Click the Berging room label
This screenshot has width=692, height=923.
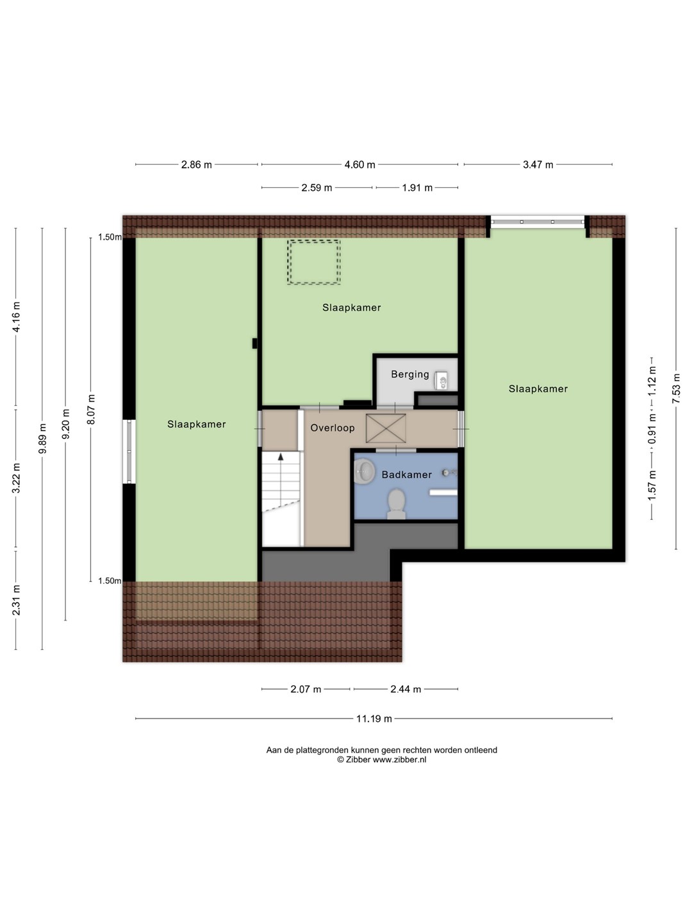tap(409, 374)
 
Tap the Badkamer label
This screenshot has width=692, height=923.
tap(406, 475)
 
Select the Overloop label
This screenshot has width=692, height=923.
tap(333, 428)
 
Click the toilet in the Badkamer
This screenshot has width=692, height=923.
tap(396, 504)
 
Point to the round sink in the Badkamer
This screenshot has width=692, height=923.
tap(365, 470)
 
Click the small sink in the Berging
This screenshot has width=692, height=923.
tap(441, 381)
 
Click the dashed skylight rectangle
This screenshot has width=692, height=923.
tap(313, 262)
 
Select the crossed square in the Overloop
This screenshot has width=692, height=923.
tap(386, 429)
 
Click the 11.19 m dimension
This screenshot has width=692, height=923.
tap(374, 719)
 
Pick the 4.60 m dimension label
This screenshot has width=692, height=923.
tap(359, 165)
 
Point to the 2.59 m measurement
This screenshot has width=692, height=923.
tap(317, 188)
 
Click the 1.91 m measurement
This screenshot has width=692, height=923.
tap(416, 188)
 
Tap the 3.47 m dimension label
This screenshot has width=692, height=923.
tap(538, 165)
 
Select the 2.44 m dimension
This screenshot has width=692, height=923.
tap(406, 689)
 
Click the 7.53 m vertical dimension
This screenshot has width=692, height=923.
tap(676, 388)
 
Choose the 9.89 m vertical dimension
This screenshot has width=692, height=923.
tap(42, 438)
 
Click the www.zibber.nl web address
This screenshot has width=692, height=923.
tap(399, 760)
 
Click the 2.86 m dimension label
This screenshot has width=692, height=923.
tap(196, 165)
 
